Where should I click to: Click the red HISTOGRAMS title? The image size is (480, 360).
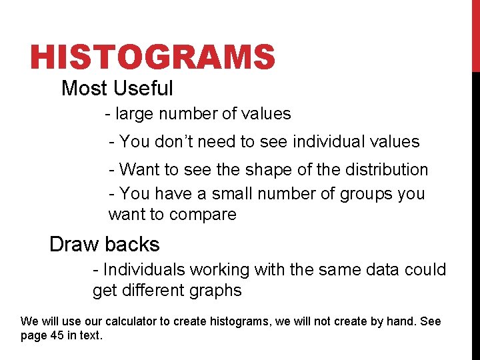[152, 57]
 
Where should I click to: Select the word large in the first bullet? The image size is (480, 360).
[133, 114]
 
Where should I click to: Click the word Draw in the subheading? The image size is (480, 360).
[73, 244]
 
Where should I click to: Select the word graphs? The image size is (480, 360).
[217, 291]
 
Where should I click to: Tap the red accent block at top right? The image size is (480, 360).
[475, 36]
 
